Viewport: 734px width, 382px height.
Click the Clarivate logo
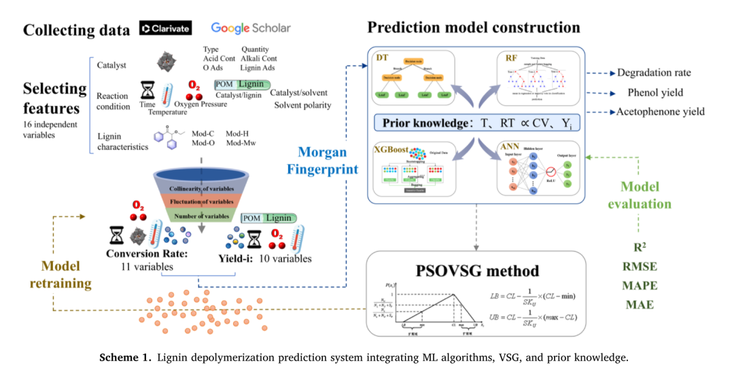165,28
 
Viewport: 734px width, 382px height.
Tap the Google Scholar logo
250,28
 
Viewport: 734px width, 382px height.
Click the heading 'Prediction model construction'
474,28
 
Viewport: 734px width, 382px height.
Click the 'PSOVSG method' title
476,271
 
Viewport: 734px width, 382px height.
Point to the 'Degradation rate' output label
654,73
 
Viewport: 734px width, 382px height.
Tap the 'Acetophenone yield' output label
660,111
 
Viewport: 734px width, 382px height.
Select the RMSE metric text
640,266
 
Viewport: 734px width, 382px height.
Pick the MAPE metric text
640,285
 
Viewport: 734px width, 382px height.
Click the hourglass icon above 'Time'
147,90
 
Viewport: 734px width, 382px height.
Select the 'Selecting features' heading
54,98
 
